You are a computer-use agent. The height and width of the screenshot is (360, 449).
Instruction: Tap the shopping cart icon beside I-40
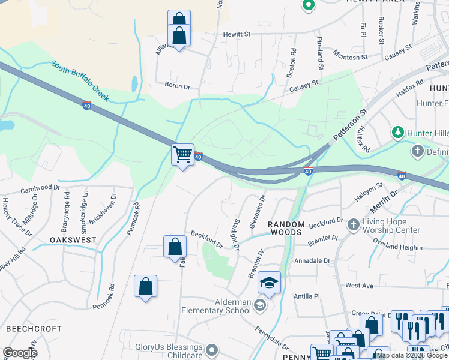tap(182, 155)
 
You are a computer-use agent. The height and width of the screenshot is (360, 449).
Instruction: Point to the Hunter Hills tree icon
tap(397, 131)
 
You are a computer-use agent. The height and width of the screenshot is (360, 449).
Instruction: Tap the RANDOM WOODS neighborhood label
tap(287, 228)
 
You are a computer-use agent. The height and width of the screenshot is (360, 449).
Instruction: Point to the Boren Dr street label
tap(177, 86)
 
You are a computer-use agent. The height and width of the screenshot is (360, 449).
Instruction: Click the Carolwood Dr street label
tap(40, 188)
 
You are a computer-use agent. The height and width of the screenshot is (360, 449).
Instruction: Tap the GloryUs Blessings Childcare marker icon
tap(211, 350)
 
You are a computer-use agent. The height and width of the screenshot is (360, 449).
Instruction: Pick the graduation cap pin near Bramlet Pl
tap(269, 283)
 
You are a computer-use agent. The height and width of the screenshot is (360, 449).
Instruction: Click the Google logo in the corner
tap(19, 352)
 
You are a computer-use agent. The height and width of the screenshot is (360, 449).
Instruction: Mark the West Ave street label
tap(359, 286)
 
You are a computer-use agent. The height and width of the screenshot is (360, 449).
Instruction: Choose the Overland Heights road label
tap(397, 247)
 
